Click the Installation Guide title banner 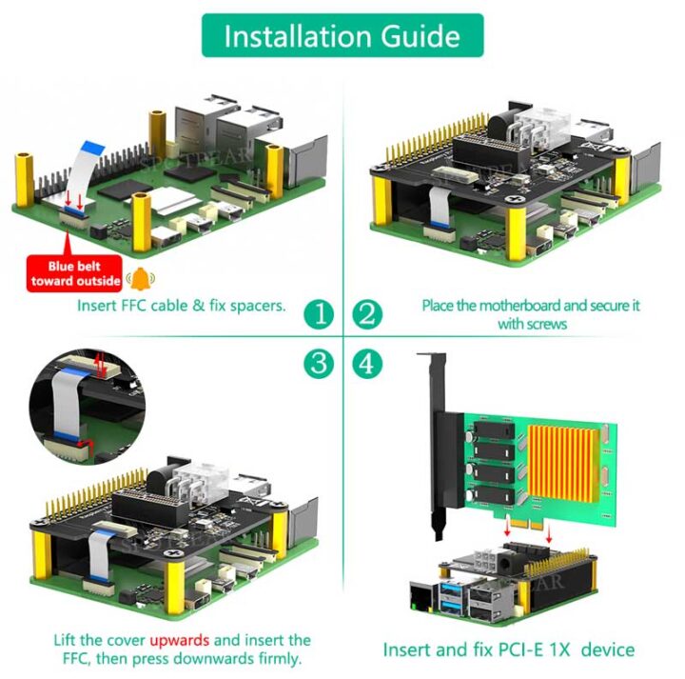click(x=342, y=36)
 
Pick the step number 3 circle click(x=320, y=363)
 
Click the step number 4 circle click(x=366, y=363)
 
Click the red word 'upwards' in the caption click(x=181, y=639)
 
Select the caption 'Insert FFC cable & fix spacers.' click(x=181, y=306)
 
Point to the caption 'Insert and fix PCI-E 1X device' click(x=508, y=649)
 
